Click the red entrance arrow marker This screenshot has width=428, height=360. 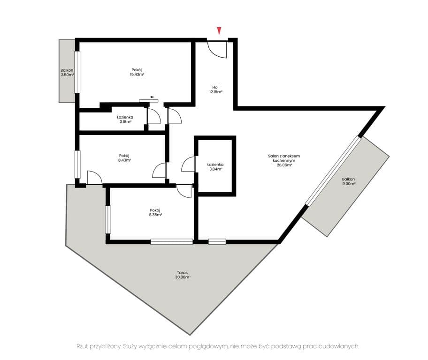[x=219, y=31]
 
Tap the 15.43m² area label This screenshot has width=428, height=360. [x=137, y=75]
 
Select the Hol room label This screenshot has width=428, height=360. [x=215, y=87]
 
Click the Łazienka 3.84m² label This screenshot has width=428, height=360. [x=215, y=167]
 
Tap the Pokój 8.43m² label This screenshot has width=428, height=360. [x=124, y=158]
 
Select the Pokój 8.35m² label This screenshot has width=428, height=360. [x=155, y=212]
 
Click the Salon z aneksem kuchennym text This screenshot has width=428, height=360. [x=283, y=158]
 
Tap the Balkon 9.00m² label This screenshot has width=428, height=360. [x=348, y=181]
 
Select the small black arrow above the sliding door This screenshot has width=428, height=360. [x=153, y=97]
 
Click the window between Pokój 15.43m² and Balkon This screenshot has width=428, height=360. [x=77, y=72]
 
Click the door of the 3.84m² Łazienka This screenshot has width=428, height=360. [x=189, y=164]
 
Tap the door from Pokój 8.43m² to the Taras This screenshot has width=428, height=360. [x=94, y=178]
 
